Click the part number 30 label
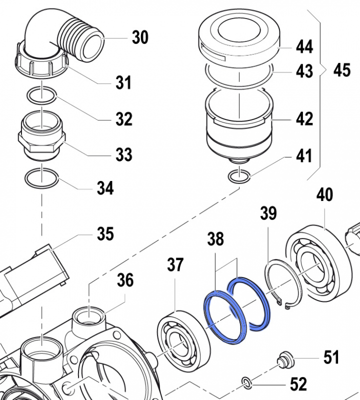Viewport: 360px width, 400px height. click(140, 37)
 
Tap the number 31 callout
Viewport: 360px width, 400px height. click(123, 82)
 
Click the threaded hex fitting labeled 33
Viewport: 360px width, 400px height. click(42, 137)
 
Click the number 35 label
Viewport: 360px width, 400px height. click(105, 233)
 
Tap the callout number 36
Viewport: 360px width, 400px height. click(125, 280)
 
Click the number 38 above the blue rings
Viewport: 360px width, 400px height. click(215, 239)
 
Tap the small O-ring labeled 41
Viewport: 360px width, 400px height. click(238, 176)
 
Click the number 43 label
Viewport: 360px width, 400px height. click(304, 71)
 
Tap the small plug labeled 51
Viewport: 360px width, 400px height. click(284, 359)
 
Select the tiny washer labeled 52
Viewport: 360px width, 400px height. click(246, 383)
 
